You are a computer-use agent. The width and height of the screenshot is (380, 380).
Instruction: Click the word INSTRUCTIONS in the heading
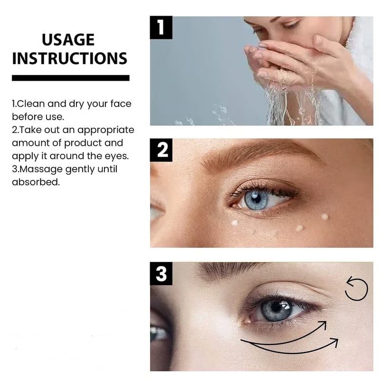point(70,58)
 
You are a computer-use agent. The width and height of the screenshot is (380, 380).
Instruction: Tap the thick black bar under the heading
point(70,78)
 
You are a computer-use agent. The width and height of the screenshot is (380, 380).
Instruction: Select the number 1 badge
point(161,27)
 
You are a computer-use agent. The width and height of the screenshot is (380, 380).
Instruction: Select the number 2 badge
point(161,150)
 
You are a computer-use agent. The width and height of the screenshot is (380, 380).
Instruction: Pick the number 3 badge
point(161,274)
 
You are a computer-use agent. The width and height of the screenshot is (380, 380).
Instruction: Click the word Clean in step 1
point(29,104)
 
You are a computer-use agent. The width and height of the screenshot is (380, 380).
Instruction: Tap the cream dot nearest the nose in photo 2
point(234,222)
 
